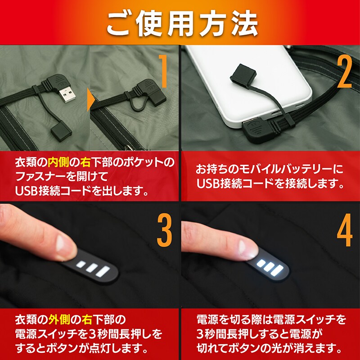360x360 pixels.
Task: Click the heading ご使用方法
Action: [x=182, y=24]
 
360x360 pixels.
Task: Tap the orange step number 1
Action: [x=163, y=72]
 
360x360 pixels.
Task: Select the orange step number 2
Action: [x=344, y=72]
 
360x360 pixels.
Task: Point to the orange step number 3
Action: [x=164, y=230]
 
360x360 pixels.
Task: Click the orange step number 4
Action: [x=345, y=230]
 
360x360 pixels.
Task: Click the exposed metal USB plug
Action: [x=67, y=93]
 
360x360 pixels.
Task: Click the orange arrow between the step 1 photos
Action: [x=91, y=99]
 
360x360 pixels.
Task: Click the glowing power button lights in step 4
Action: [x=270, y=267]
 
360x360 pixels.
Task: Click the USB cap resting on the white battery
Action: [x=243, y=74]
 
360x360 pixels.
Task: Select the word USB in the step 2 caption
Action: [x=208, y=184]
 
